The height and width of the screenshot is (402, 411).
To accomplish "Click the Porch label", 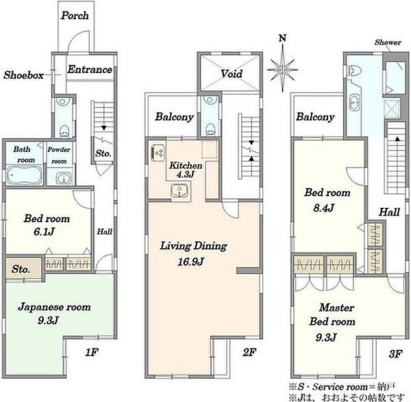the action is tap(75, 16).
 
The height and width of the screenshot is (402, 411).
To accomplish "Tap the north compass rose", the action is tap(282, 70).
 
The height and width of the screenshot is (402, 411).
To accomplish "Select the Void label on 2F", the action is tap(232, 74).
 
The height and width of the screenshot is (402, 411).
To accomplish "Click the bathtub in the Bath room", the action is tap(25, 174).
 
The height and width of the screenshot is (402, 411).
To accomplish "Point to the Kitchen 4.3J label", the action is tap(186, 170).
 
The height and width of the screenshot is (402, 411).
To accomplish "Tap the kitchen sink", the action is tap(179, 190).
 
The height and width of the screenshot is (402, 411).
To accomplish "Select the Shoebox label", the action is tap(23, 75).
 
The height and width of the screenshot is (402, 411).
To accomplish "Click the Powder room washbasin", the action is tap(63, 178).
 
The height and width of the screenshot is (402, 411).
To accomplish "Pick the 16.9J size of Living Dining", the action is tap(191, 262).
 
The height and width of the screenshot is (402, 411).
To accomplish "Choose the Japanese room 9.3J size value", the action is tap(48, 321).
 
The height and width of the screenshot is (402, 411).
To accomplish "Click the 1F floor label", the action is tap(92, 353).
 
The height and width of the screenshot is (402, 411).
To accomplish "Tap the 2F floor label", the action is tap(249, 352).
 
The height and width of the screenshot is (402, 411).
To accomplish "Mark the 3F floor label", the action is tap(395, 354).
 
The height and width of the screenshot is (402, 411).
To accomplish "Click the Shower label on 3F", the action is tap(388, 42).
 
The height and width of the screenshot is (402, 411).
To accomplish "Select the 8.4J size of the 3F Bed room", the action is tap(324, 208).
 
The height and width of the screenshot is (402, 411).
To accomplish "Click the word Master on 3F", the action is tap(336, 308).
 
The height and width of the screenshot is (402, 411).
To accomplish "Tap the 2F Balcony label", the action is tap(174, 117).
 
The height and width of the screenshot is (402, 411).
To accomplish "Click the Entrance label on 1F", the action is tap(90, 70).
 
